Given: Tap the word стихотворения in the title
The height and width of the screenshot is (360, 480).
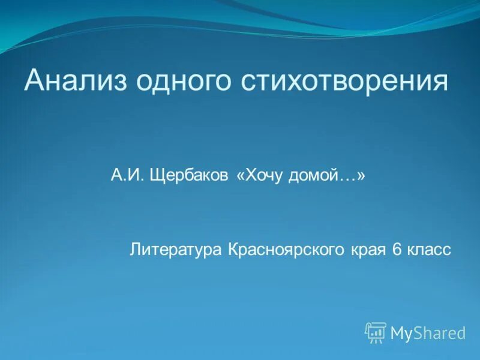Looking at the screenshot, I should [344, 80].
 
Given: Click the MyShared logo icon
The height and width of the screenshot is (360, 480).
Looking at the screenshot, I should [376, 332].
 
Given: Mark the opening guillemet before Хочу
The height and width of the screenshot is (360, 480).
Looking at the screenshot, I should [241, 177].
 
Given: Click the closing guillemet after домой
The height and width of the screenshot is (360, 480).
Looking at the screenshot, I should [362, 177].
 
